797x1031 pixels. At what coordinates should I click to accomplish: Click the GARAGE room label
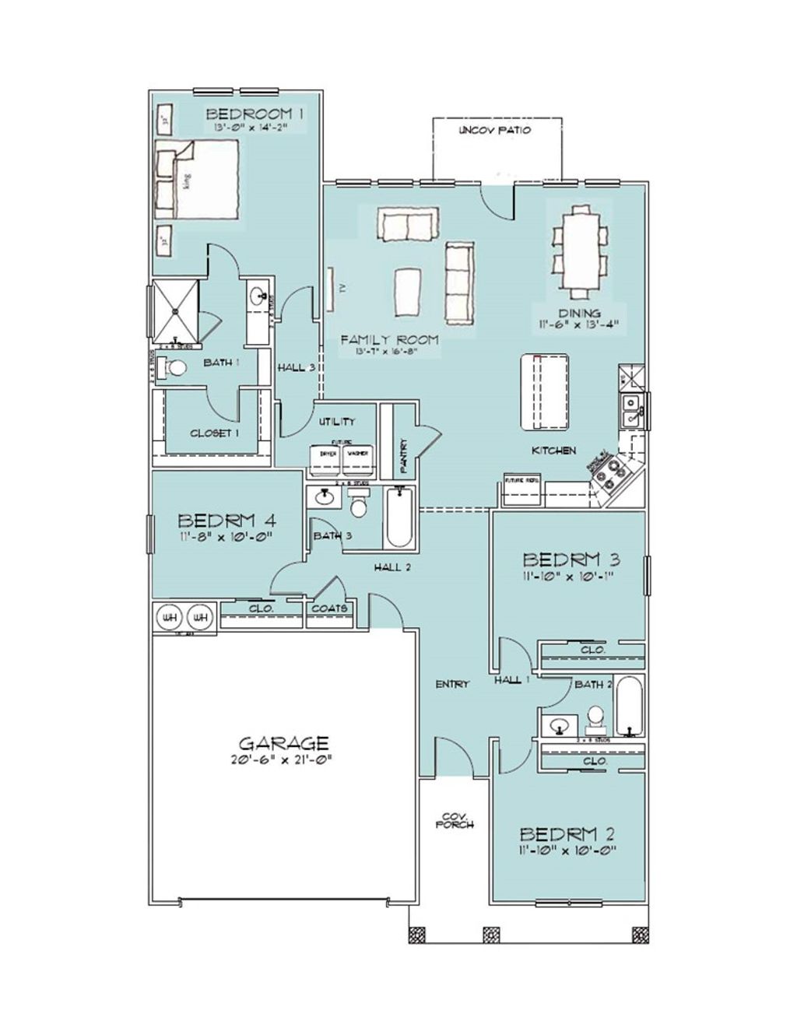283,743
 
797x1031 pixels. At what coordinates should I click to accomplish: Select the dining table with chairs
580,249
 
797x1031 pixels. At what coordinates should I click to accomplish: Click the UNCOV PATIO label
495,130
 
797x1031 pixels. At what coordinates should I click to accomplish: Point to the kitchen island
544,391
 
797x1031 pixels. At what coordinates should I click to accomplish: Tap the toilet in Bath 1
175,368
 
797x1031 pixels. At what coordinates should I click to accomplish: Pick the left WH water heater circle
169,617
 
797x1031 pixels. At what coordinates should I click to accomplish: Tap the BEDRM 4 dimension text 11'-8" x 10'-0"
226,537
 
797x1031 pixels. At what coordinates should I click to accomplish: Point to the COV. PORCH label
455,820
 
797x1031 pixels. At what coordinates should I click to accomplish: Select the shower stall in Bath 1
176,309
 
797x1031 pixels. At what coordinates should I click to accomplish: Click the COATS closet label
330,608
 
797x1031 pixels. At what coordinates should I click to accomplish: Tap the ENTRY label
452,684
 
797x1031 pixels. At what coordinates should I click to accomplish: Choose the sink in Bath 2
558,727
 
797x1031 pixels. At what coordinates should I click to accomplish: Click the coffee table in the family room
409,291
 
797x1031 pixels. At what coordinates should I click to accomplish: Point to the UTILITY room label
338,421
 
